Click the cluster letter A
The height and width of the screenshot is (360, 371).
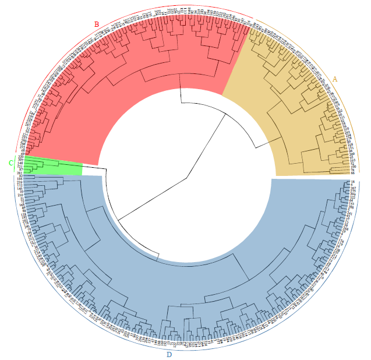(334, 79)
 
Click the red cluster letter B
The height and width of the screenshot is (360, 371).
(97, 24)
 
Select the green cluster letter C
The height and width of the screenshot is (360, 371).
(10, 163)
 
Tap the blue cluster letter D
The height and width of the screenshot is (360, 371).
(169, 354)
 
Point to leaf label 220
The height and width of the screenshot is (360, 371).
(20, 157)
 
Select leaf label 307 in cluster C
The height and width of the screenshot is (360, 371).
(20, 161)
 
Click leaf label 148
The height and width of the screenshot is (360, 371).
(20, 165)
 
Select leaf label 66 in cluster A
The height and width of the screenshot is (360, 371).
(353, 173)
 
